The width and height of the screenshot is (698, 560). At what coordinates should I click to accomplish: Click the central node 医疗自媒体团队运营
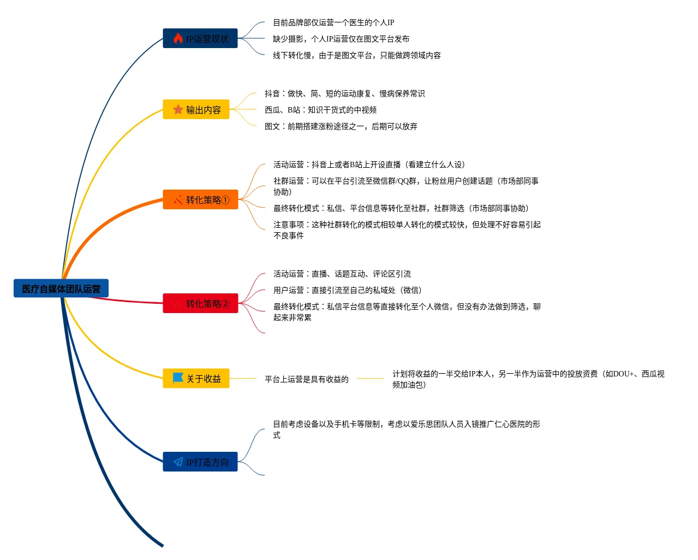[61, 288]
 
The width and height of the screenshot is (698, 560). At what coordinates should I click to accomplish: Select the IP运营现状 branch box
[200, 38]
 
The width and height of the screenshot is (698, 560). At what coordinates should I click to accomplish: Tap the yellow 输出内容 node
[196, 109]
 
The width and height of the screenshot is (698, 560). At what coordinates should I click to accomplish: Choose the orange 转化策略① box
[201, 199]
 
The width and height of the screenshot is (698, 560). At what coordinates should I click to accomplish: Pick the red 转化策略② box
[201, 303]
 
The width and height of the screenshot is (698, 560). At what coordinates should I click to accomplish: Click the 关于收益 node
[196, 379]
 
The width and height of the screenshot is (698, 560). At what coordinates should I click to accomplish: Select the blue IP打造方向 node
[200, 462]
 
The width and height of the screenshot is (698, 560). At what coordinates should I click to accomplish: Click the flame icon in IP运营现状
[178, 38]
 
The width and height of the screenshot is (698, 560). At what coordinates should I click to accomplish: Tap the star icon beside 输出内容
[178, 109]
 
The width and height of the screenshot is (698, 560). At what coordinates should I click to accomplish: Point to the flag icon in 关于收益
[178, 378]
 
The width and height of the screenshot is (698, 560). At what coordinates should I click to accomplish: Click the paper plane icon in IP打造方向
[178, 462]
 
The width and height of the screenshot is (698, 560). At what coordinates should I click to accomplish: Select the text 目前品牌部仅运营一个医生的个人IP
[333, 22]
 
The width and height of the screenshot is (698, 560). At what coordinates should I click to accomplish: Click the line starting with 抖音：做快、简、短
[344, 93]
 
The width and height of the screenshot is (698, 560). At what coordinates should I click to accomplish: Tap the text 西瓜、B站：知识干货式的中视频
[320, 110]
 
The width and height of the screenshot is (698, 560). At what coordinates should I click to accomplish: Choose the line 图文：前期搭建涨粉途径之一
[341, 126]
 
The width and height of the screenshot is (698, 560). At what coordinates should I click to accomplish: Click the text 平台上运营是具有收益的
[306, 379]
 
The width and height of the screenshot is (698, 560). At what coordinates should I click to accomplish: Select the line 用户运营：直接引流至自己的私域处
[348, 290]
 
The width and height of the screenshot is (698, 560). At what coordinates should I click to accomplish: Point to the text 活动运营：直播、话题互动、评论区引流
[342, 274]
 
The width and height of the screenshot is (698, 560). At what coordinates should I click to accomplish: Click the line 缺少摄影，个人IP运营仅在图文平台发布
[341, 39]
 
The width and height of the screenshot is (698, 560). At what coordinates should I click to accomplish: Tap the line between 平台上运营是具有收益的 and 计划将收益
[371, 378]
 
